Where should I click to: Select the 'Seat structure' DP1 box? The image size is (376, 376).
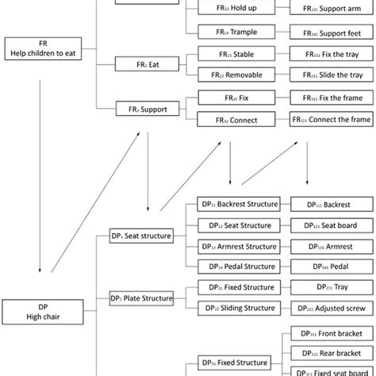(141, 236)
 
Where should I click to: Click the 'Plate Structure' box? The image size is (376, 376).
(141, 298)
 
